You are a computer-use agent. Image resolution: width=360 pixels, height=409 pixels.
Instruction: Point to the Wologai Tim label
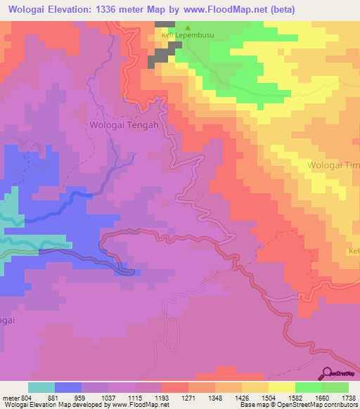pos(333,165)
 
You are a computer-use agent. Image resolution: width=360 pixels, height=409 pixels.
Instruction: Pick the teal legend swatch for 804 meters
pos(41,387)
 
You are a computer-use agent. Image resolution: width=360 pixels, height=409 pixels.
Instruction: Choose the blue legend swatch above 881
pos(68,387)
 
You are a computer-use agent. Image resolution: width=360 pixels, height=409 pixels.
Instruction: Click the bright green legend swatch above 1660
pos(308,387)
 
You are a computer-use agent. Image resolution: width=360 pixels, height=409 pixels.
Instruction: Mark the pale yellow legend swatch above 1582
pos(281,387)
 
